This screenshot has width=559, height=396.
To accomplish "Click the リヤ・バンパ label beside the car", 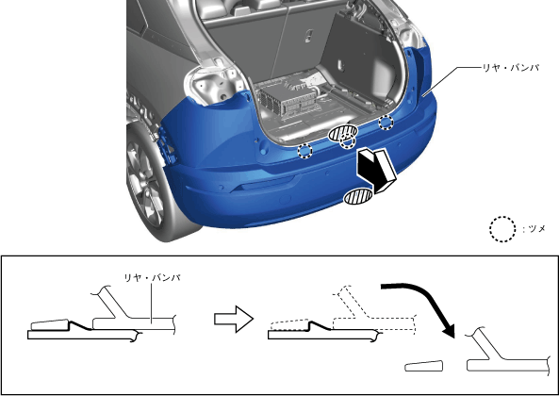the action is click(x=511, y=67).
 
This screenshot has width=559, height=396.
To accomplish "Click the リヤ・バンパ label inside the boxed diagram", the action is click(x=152, y=277).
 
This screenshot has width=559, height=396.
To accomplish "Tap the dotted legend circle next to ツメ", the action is click(x=502, y=229).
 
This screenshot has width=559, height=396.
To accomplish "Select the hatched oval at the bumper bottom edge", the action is click(x=358, y=197).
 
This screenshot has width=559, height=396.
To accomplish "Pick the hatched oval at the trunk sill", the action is click(x=342, y=132).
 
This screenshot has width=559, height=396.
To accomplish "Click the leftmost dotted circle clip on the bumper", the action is click(x=305, y=151).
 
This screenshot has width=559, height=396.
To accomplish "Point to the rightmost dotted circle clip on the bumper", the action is click(x=386, y=123).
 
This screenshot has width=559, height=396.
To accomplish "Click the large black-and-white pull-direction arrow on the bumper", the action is click(x=377, y=170).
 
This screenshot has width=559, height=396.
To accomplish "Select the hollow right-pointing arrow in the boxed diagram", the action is click(x=234, y=319).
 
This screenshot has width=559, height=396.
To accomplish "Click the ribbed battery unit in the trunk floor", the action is click(x=285, y=97).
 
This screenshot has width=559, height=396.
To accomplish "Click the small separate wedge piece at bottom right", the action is click(x=424, y=366).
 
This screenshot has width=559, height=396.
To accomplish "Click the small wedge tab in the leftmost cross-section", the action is click(x=49, y=324).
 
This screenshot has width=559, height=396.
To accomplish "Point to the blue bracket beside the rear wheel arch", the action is click(x=167, y=145).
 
